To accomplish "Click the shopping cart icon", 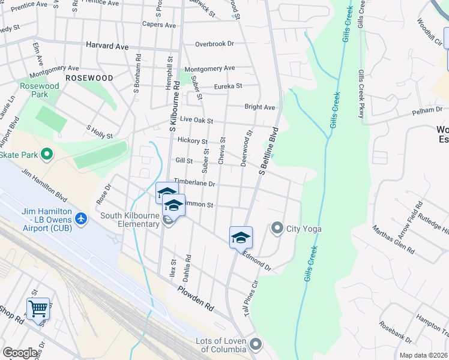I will (x=38, y=309).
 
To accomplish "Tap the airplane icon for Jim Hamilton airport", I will (x=82, y=220).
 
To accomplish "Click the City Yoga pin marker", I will (x=277, y=228).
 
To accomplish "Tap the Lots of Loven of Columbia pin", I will (x=256, y=344).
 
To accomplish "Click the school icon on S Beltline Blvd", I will (x=241, y=238).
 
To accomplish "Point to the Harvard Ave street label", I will (x=107, y=46).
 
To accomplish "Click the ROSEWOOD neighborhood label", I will (x=89, y=78).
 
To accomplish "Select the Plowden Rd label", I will (x=195, y=298).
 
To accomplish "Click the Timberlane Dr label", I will (x=194, y=182).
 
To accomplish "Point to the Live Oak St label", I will (x=197, y=120).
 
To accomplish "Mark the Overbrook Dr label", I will (x=214, y=44).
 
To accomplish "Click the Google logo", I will (x=20, y=353).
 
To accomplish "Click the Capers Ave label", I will (x=159, y=25).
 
